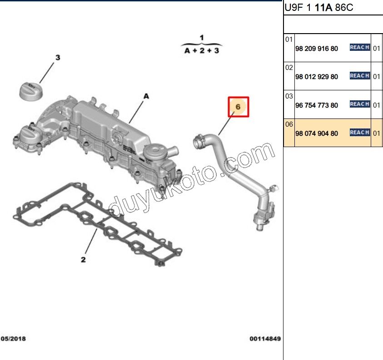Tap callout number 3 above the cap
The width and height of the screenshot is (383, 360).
point(58,58)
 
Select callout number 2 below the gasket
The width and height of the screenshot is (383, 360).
point(83,260)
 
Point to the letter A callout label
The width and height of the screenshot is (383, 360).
point(146,96)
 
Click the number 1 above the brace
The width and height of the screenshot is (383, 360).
point(202,37)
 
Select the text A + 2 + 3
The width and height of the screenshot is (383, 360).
point(202,51)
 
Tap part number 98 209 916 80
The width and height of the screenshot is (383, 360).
point(316,48)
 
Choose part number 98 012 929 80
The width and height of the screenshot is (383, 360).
point(316,77)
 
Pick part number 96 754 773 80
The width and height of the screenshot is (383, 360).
point(316,105)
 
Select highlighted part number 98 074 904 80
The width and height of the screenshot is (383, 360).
point(316,133)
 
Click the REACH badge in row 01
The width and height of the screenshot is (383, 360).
point(359,47)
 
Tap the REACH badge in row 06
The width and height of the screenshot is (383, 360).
point(359,132)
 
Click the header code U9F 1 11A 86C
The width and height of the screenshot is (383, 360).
point(318,8)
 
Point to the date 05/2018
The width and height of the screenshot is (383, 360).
point(14,339)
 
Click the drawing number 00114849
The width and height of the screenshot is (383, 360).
point(265,339)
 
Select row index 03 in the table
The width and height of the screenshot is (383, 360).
point(289,96)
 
